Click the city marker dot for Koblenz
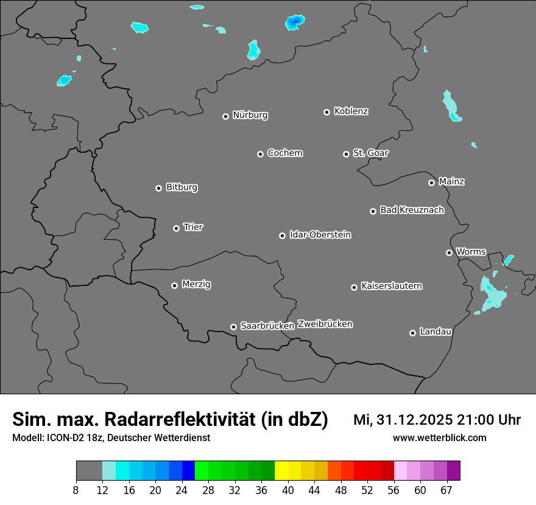(326, 112)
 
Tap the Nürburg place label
(250, 115)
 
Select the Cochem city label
(284, 153)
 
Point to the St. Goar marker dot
(346, 154)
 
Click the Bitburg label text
(182, 187)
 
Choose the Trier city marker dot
(176, 228)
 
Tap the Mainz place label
(451, 181)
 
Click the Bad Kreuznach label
(412, 210)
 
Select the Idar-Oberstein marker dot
(282, 235)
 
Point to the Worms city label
(471, 251)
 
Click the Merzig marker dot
(174, 285)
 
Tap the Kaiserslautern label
(391, 286)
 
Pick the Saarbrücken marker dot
(233, 327)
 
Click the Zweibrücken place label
(325, 324)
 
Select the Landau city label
(435, 332)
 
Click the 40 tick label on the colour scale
(288, 490)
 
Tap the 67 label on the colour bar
(446, 490)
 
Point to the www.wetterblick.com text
(439, 437)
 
